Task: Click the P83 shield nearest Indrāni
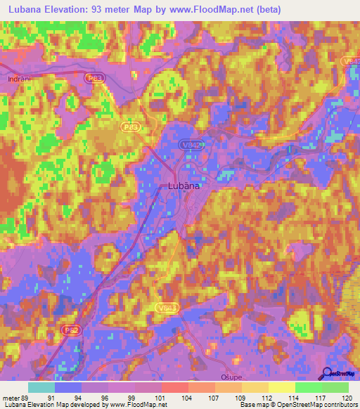point(95,79)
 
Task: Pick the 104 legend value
point(189,398)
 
